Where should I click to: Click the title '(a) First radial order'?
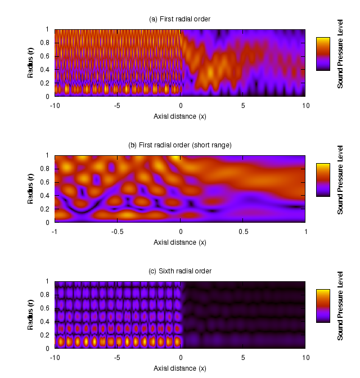coord(180,19)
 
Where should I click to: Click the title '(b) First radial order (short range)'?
coord(180,145)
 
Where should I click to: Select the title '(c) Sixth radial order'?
coord(180,271)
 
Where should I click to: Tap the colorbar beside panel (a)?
coord(322,54)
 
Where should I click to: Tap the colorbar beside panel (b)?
coord(322,180)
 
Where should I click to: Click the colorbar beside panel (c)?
coord(322,306)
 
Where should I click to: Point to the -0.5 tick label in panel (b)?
coord(117,231)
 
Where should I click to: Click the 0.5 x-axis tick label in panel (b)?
coord(243,231)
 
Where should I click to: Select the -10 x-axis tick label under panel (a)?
coord(55,105)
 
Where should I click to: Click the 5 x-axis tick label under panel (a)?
coord(243,105)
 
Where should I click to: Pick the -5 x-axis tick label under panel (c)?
coord(117,357)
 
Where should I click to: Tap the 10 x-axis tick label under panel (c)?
coord(305,357)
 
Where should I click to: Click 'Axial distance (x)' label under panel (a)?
coord(180,116)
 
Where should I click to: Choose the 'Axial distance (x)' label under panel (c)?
coord(180,368)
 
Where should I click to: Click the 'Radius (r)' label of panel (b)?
coord(31,189)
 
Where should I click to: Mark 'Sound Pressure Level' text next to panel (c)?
coord(340,307)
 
